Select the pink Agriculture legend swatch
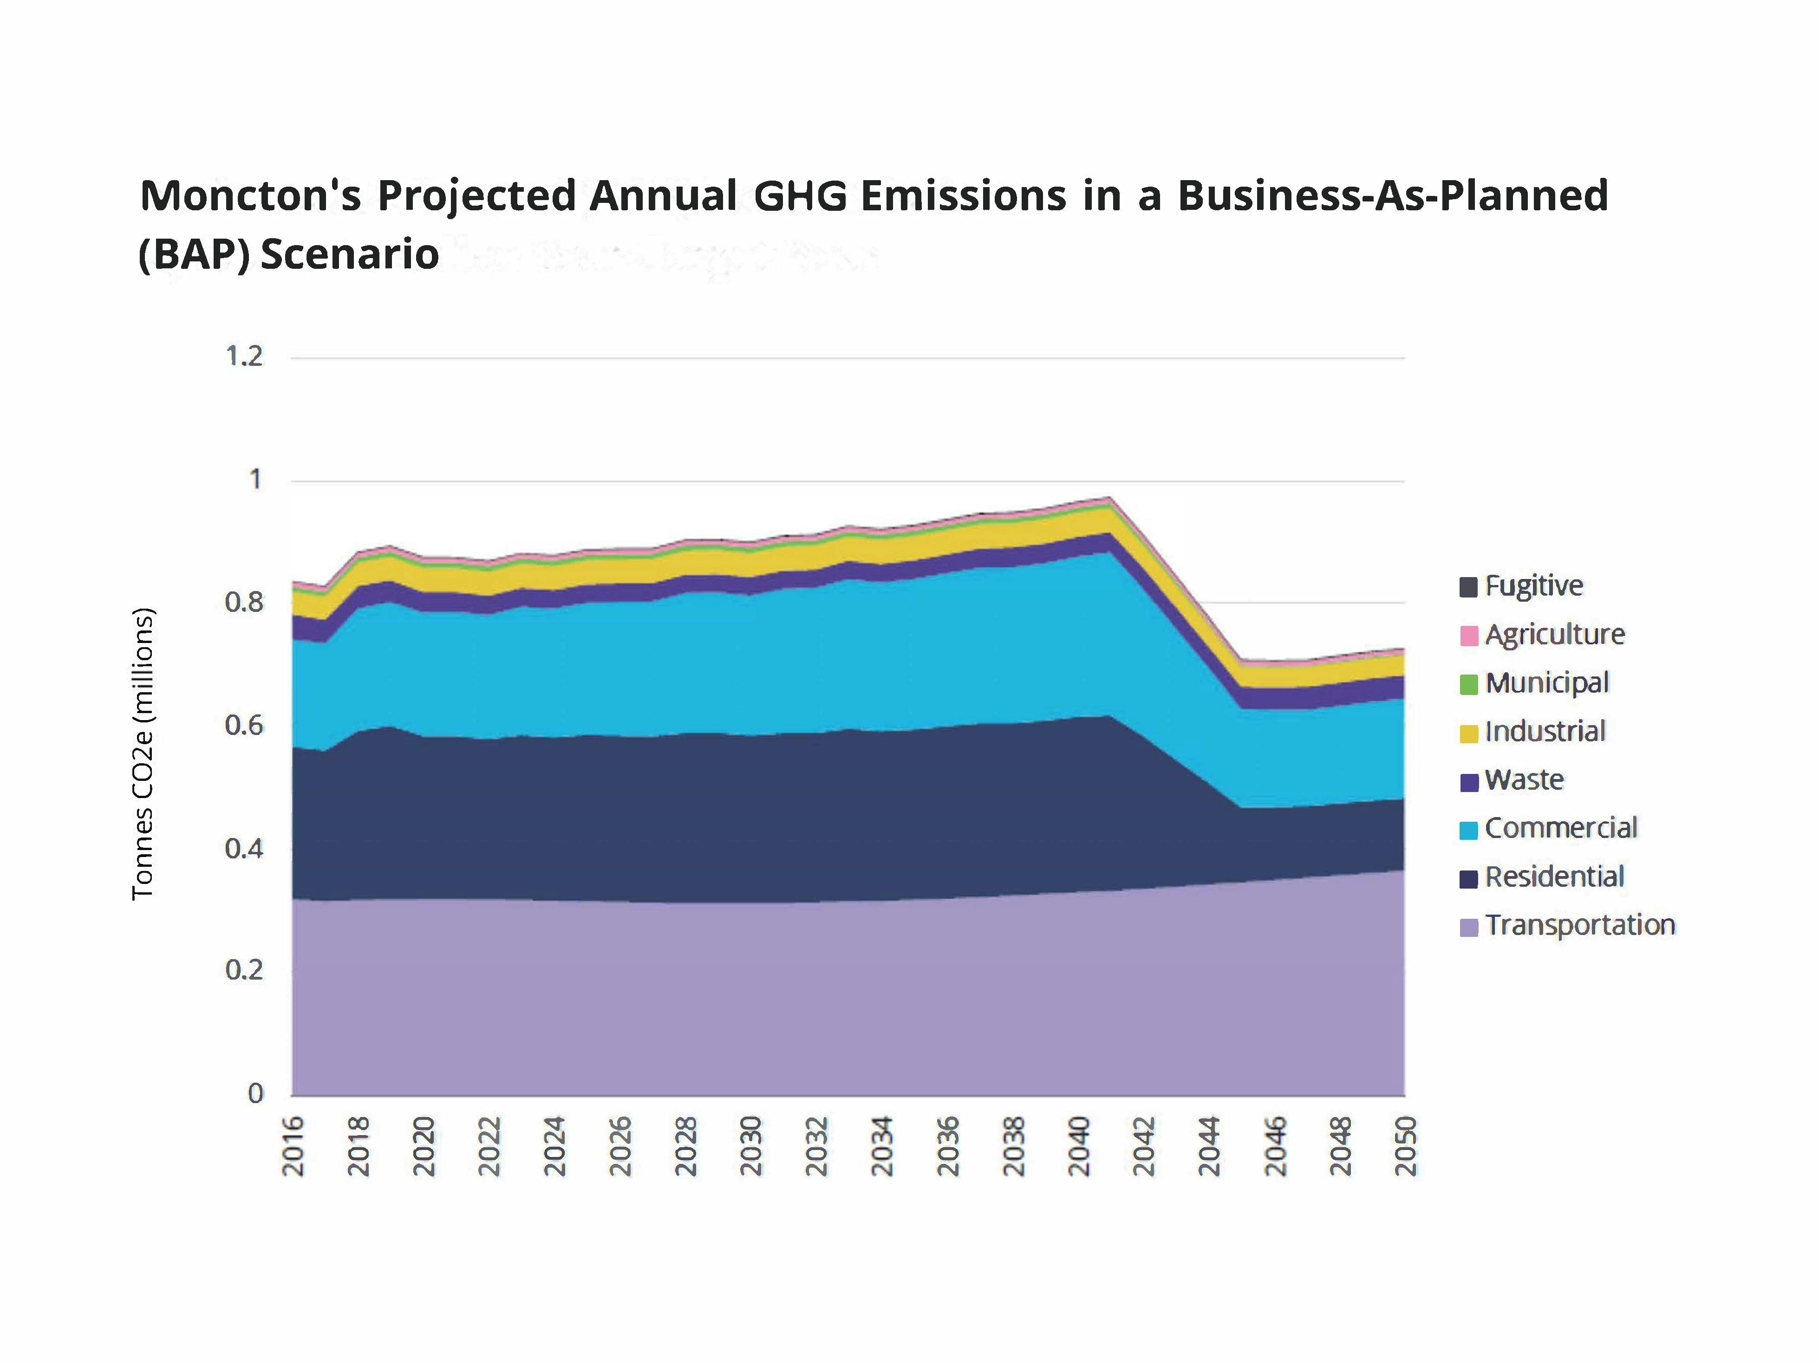[x=1469, y=636]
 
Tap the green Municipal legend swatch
[x=1469, y=684]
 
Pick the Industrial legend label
[x=1545, y=732]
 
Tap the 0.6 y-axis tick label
[x=244, y=725]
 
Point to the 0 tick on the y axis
[x=256, y=1093]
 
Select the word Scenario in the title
[x=350, y=254]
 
